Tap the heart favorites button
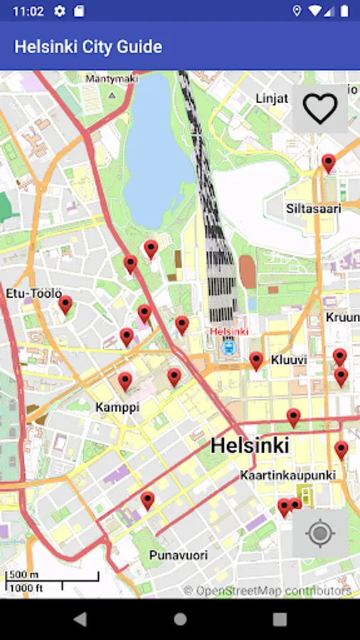(319, 108)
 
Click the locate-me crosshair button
(319, 533)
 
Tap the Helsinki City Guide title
(88, 47)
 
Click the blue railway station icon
(228, 347)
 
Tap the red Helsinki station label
(228, 332)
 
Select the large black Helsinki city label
(250, 446)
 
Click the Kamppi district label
(117, 407)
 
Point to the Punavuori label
(179, 555)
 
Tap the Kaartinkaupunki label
(288, 474)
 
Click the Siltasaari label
(314, 209)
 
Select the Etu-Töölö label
(34, 293)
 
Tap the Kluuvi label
(289, 361)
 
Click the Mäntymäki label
(111, 79)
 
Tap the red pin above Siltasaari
(328, 163)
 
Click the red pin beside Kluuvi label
(256, 361)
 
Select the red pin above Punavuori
(147, 500)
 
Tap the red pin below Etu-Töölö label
(65, 305)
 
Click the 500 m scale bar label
(23, 575)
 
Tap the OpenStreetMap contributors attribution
(268, 590)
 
